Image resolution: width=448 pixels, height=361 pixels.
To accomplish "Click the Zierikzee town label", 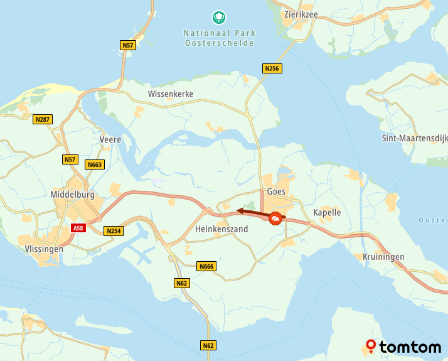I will point(301,14).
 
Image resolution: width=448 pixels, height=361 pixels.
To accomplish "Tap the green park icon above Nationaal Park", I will point(219,17).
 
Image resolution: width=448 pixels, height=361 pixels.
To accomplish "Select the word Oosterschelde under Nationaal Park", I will point(220,43).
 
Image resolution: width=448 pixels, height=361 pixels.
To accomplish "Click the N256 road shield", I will point(272,68).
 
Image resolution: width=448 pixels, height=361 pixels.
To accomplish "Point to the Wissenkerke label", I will point(171,94).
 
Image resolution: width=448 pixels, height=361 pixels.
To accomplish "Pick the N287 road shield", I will point(43,119).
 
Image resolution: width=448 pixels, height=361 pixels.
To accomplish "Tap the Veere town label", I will point(110,139).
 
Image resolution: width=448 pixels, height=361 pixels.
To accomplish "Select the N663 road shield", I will point(94,164).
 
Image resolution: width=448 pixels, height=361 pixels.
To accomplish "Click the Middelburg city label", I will point(72,195).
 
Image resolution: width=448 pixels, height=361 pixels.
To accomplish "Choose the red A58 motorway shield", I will point(78,228).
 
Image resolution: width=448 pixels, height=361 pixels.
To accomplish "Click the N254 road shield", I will point(114,231).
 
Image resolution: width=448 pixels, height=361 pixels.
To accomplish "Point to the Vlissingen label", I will point(44,249).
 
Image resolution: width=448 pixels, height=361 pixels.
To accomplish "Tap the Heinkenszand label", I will point(221,229).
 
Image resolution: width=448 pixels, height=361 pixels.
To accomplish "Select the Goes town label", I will point(276,191).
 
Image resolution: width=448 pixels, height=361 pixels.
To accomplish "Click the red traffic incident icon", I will point(275,218).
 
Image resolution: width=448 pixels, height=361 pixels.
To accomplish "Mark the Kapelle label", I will point(327,212).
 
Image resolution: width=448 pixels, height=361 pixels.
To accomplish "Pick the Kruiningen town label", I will point(383,257).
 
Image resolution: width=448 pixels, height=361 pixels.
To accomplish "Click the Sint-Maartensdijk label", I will point(414,138).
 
